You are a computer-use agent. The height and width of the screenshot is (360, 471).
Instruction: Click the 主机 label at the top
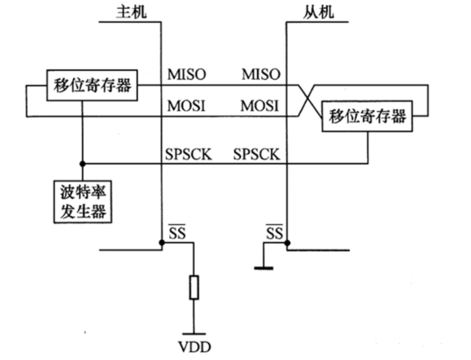click(131, 12)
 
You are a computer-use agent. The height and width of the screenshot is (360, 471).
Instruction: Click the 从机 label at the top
click(318, 12)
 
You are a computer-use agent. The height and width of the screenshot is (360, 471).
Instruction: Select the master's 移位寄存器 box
click(92, 85)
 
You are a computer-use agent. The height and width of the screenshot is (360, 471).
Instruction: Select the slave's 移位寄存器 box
click(367, 116)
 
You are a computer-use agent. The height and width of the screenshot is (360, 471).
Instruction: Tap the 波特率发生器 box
click(83, 202)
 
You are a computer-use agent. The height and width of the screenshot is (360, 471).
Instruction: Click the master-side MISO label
click(186, 74)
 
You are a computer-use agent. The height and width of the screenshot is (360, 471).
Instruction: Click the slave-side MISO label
click(261, 74)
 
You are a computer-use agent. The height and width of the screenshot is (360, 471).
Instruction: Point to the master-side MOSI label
click(186, 106)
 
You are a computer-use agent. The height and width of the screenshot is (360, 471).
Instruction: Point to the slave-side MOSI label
click(260, 106)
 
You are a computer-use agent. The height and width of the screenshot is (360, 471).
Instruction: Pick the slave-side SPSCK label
click(257, 154)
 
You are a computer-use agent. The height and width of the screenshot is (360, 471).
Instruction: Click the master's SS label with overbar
click(177, 233)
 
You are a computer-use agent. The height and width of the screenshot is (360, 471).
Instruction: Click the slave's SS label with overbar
click(274, 233)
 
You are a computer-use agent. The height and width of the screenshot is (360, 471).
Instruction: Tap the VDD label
click(194, 347)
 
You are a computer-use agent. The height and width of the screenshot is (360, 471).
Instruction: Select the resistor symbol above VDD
click(194, 287)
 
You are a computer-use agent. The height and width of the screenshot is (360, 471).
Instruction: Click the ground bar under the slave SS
click(264, 268)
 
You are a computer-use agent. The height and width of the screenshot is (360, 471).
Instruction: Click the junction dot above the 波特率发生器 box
click(82, 164)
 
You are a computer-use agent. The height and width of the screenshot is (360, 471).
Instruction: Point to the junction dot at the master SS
click(162, 242)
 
